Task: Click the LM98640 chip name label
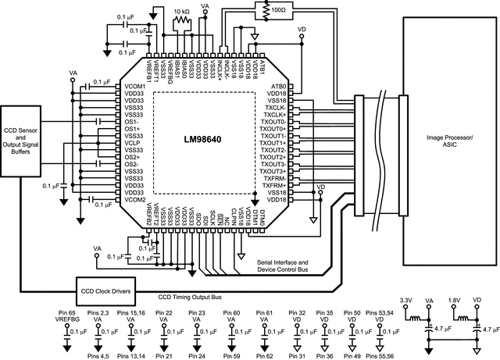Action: (202, 143)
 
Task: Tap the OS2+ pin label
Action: (131, 157)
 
